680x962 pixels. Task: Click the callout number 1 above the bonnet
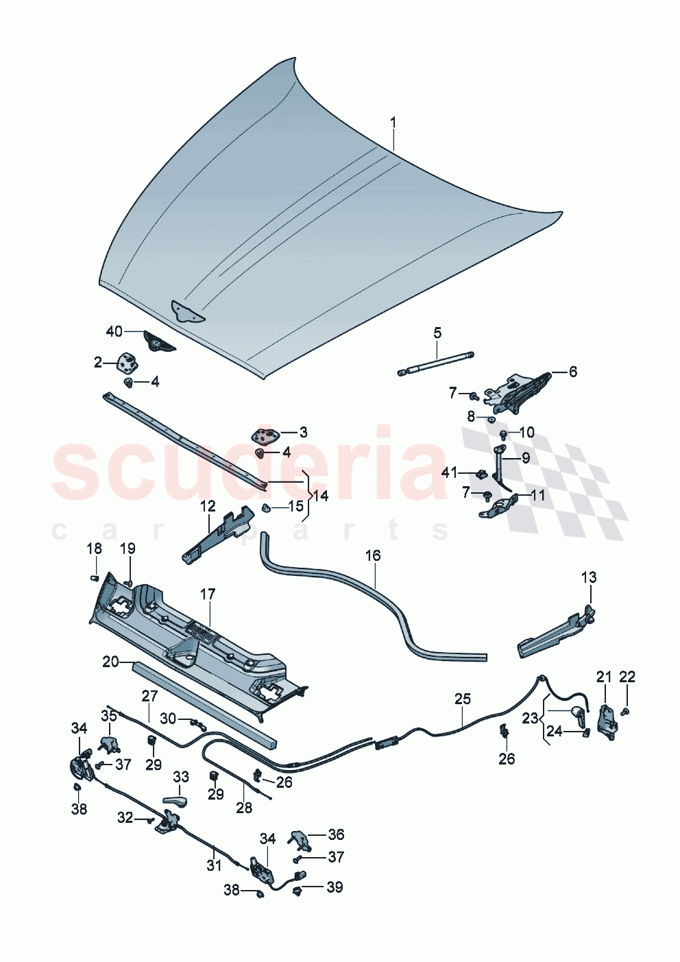tap(393, 123)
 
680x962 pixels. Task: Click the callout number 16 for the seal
tap(372, 555)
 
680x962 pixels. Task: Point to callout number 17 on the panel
tap(208, 594)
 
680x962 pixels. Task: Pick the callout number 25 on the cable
tap(463, 699)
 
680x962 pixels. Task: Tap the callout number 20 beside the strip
tap(110, 662)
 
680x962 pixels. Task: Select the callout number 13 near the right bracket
tap(589, 577)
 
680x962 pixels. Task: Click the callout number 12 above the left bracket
tap(208, 506)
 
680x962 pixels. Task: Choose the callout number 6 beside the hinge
tap(573, 371)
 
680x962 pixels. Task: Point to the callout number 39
tap(334, 887)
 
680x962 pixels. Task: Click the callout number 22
tap(627, 677)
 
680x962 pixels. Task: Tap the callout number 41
tap(449, 473)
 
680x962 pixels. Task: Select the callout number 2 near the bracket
tap(98, 362)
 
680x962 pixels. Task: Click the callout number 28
tap(244, 808)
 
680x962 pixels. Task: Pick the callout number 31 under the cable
tap(214, 865)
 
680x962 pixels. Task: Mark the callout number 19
tap(127, 549)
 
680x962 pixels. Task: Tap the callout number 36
tap(336, 834)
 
